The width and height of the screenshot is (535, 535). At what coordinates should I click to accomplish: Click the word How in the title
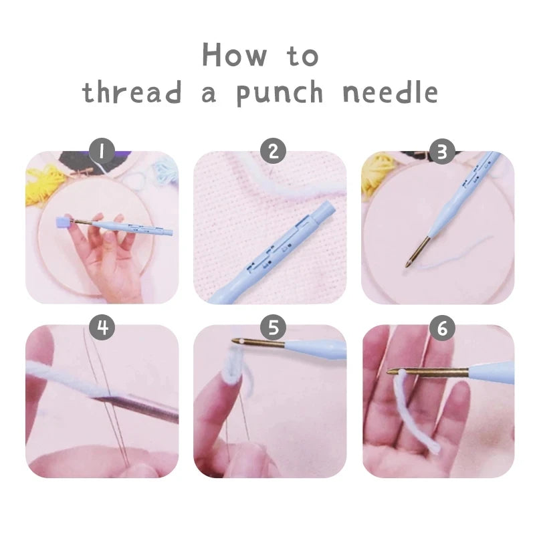pyautogui.click(x=235, y=56)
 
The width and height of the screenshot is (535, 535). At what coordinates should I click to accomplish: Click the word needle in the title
pyautogui.click(x=390, y=93)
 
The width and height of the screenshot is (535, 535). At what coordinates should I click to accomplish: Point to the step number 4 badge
pyautogui.click(x=102, y=327)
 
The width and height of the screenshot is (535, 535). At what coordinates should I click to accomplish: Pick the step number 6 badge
pyautogui.click(x=440, y=327)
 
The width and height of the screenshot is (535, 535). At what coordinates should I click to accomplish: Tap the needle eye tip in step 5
pyautogui.click(x=236, y=342)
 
